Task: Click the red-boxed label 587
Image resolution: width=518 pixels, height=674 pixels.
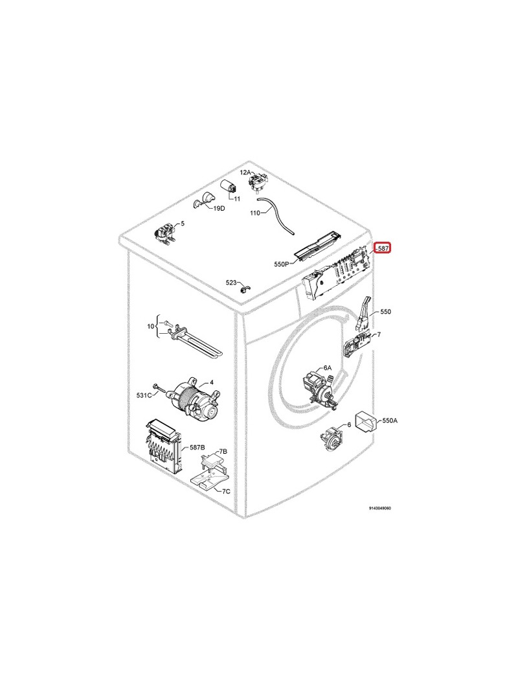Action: [383, 248]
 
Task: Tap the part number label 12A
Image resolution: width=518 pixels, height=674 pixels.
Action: [245, 172]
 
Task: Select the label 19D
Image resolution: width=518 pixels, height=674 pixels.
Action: [219, 209]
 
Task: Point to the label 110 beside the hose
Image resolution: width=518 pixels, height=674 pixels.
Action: [254, 213]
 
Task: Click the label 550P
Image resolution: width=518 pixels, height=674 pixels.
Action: [281, 264]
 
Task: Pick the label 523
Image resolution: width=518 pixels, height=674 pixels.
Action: [231, 283]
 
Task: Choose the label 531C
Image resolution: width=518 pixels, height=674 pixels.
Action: [144, 395]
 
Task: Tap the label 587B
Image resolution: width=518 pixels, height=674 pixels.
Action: [197, 447]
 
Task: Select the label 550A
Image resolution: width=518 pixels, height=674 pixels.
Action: [390, 421]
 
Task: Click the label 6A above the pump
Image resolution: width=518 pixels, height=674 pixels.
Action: [327, 368]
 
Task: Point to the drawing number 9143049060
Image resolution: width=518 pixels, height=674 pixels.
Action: [379, 508]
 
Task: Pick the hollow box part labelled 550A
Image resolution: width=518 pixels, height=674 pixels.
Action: [366, 421]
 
